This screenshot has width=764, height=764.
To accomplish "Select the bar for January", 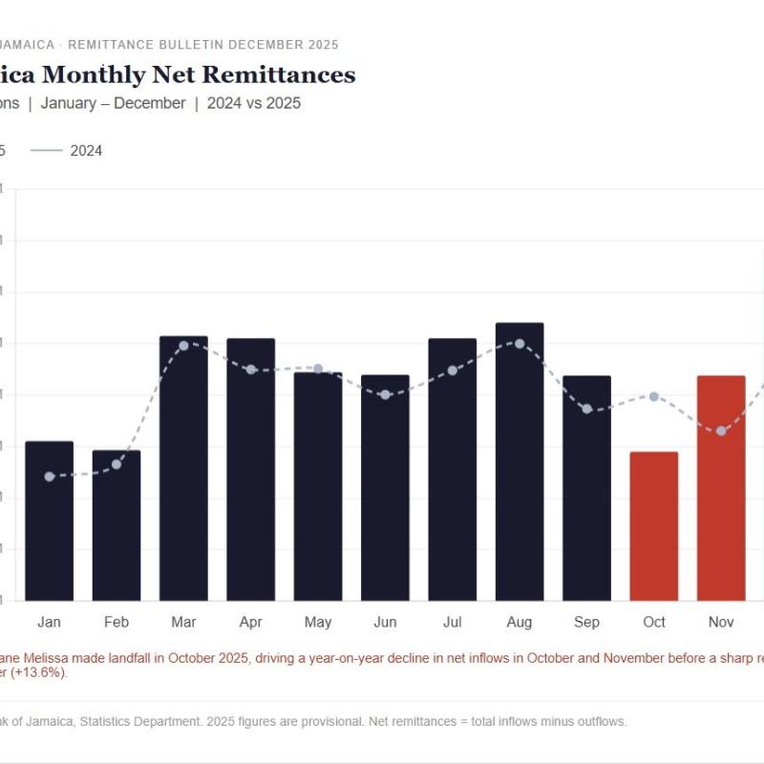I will (x=49, y=520).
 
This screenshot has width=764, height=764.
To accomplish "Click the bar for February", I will (x=117, y=525).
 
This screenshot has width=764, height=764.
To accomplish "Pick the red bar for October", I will (x=654, y=526).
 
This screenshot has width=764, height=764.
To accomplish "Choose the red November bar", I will (x=721, y=488).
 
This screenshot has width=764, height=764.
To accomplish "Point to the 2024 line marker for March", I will (x=183, y=345).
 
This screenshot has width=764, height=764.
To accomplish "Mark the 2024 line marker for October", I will (x=654, y=396).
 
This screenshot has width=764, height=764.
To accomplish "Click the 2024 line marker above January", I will (x=49, y=476).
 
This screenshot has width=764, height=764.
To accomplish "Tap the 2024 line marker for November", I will (x=721, y=431).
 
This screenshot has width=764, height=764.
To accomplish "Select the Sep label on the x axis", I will (x=586, y=623).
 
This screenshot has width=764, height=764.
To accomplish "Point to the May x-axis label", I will (x=318, y=623).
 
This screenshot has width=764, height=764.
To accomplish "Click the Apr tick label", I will (x=250, y=623).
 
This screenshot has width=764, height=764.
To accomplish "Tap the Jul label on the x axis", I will (x=452, y=623).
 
